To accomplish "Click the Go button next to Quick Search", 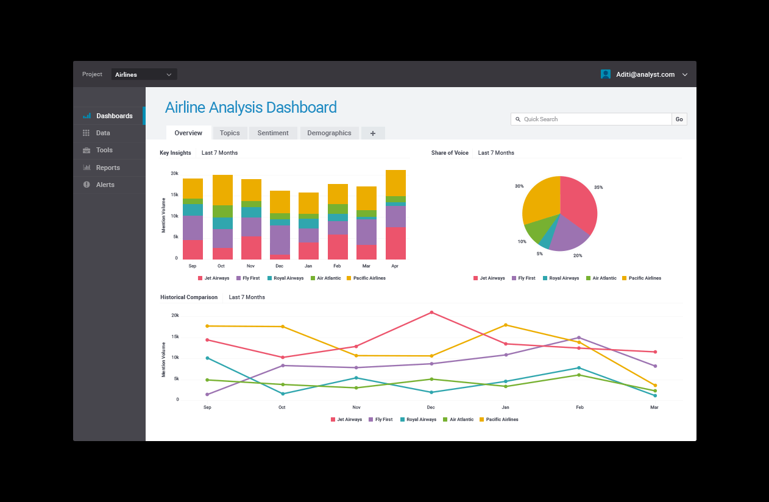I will pos(679,119).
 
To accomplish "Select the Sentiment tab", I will pos(273,133).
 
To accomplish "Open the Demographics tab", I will pos(329,133).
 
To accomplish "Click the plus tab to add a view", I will pos(373,133).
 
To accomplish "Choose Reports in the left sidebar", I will pos(108,168).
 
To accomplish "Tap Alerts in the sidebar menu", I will pos(105,185).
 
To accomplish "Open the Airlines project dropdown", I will pos(144,74).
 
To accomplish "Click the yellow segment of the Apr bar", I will pos(395,183).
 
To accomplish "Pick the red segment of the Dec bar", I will pos(280,256).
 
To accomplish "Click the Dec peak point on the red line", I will pos(431,313).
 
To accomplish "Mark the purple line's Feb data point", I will pos(579,338).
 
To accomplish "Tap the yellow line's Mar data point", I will pos(655,385).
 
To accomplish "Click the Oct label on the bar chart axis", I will pos(221,266).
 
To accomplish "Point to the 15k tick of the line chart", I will pos(175,336).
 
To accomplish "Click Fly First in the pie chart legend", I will pos(526,278).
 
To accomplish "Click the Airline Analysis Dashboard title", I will pos(250,108).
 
